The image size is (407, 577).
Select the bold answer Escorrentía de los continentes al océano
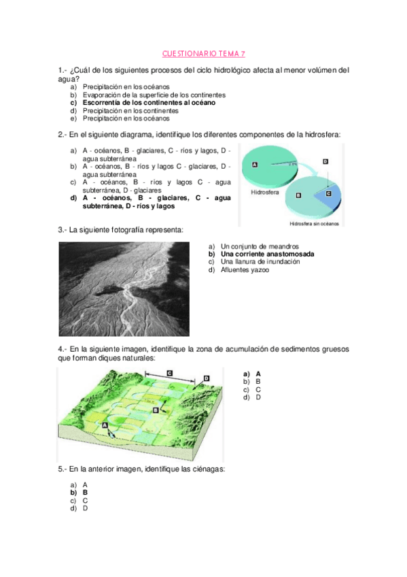pyautogui.click(x=149, y=103)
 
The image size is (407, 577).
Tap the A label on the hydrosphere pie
pyautogui.click(x=255, y=165)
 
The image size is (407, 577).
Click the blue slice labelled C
pyautogui.click(x=329, y=193)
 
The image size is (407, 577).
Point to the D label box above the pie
pyautogui.click(x=325, y=161)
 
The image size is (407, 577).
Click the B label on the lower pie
pyautogui.click(x=298, y=195)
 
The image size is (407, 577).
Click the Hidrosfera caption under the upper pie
pyautogui.click(x=264, y=193)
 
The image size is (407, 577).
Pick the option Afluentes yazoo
pyautogui.click(x=245, y=269)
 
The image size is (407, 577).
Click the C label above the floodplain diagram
pyautogui.click(x=169, y=373)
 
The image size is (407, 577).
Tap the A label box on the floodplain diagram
pyautogui.click(x=105, y=424)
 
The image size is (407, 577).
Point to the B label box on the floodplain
pyautogui.click(x=156, y=410)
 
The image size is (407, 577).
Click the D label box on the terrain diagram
pyautogui.click(x=207, y=378)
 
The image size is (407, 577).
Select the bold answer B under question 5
pyautogui.click(x=85, y=492)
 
